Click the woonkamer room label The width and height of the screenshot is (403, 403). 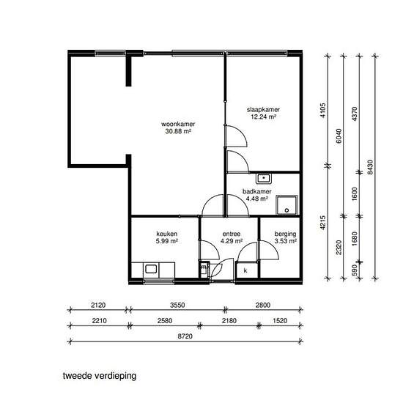click(x=178, y=124)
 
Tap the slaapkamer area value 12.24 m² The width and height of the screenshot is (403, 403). click(x=264, y=117)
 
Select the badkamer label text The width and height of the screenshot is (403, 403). click(x=257, y=191)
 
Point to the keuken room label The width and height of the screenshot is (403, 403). click(x=167, y=234)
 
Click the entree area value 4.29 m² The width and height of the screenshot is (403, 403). click(x=232, y=241)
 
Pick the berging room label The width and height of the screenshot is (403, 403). click(x=285, y=234)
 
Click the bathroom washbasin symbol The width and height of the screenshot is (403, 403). click(x=264, y=178)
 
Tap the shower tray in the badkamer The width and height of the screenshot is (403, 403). click(x=286, y=205)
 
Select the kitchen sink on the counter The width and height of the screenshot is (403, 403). click(x=151, y=269)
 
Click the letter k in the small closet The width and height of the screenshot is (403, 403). click(x=245, y=270)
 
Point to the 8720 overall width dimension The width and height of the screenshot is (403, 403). click(x=185, y=336)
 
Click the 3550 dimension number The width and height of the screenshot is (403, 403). click(x=177, y=305)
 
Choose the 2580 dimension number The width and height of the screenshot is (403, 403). click(x=165, y=321)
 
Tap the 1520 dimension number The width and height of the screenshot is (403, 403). click(x=280, y=321)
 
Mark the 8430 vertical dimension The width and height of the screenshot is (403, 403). click(x=370, y=167)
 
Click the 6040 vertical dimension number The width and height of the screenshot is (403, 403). click(x=339, y=136)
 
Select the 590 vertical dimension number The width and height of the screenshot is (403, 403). click(x=355, y=270)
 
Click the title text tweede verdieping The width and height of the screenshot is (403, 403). click(x=100, y=376)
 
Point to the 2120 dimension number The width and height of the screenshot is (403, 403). click(x=98, y=305)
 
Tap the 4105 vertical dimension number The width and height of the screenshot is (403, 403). click(x=323, y=110)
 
